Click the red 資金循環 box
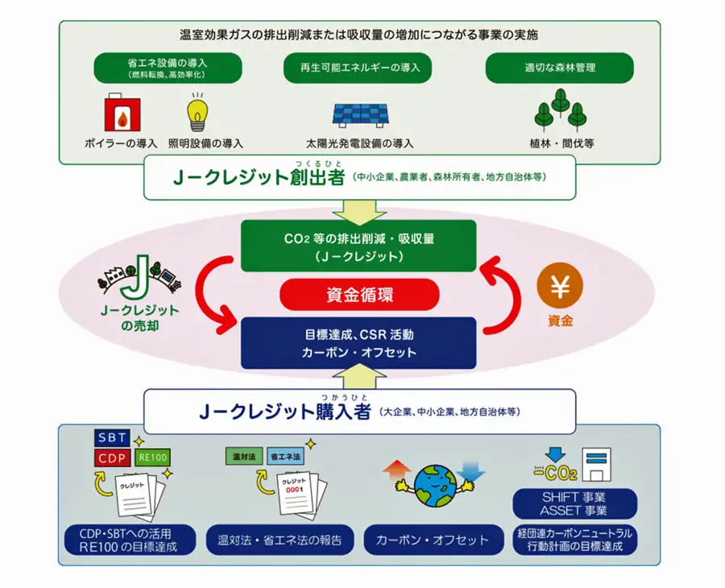359,295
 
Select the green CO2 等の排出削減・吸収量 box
359,246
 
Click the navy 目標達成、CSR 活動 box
359,342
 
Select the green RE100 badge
152,458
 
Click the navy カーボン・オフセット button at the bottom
433,540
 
